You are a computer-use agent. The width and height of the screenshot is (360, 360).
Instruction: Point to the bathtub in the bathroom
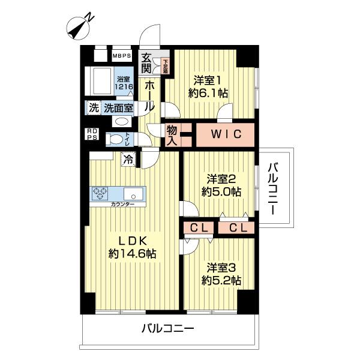tap(99, 80)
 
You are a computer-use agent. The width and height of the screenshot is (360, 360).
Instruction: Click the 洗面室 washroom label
tap(118, 108)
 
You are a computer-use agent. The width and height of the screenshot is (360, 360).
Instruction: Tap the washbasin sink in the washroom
tap(121, 121)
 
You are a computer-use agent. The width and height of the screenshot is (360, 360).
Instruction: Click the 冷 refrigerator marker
tap(127, 159)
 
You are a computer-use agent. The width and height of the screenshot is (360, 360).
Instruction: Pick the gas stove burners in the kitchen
tap(100, 194)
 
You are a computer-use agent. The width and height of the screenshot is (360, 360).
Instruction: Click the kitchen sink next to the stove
tap(133, 194)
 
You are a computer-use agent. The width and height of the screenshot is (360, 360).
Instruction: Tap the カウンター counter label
tap(122, 205)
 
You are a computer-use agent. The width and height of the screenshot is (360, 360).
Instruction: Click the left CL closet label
tap(199, 227)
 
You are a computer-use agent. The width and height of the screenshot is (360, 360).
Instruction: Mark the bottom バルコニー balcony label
tap(167, 329)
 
